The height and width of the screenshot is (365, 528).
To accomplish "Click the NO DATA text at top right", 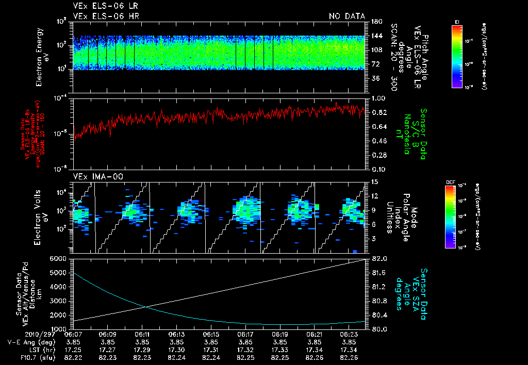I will pyautogui.click(x=346, y=16).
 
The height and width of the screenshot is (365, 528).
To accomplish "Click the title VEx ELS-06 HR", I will pyautogui.click(x=106, y=16).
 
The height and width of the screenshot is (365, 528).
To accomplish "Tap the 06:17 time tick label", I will pyautogui.click(x=245, y=334).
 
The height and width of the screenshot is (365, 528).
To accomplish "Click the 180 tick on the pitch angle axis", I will pyautogui.click(x=375, y=21).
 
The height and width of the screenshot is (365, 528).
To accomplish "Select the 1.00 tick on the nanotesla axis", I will pyautogui.click(x=378, y=98).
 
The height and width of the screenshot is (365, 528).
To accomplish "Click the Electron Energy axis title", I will pyautogui.click(x=42, y=57).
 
